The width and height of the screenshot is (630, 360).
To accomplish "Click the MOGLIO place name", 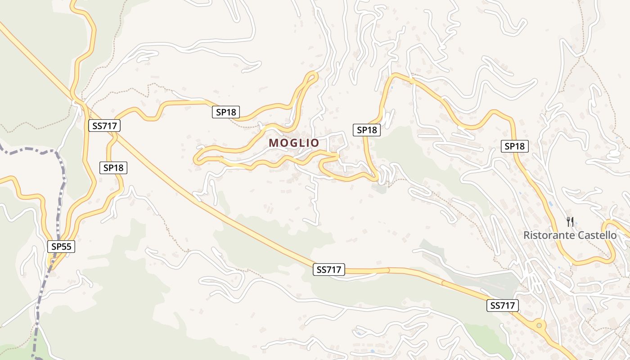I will click(x=294, y=143).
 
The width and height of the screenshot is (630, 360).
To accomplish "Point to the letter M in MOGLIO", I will click(x=274, y=143).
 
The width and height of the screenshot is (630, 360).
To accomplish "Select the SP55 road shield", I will click(x=61, y=247).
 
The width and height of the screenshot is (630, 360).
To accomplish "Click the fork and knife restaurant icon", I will click(x=570, y=221).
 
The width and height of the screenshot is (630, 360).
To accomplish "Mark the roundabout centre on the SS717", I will click(x=539, y=325).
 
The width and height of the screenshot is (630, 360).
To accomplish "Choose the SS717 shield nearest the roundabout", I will click(x=503, y=306).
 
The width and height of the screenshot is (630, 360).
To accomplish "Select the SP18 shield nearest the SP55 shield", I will click(x=113, y=168).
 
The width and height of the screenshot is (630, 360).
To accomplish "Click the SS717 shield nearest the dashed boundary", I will click(x=104, y=126).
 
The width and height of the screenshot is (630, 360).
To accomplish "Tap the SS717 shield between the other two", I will click(x=329, y=270).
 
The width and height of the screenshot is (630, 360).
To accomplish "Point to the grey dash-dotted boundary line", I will click(x=60, y=198).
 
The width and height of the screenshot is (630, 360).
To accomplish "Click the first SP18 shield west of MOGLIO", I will click(x=226, y=112).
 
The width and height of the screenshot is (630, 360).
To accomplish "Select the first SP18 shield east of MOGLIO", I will click(x=367, y=130).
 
